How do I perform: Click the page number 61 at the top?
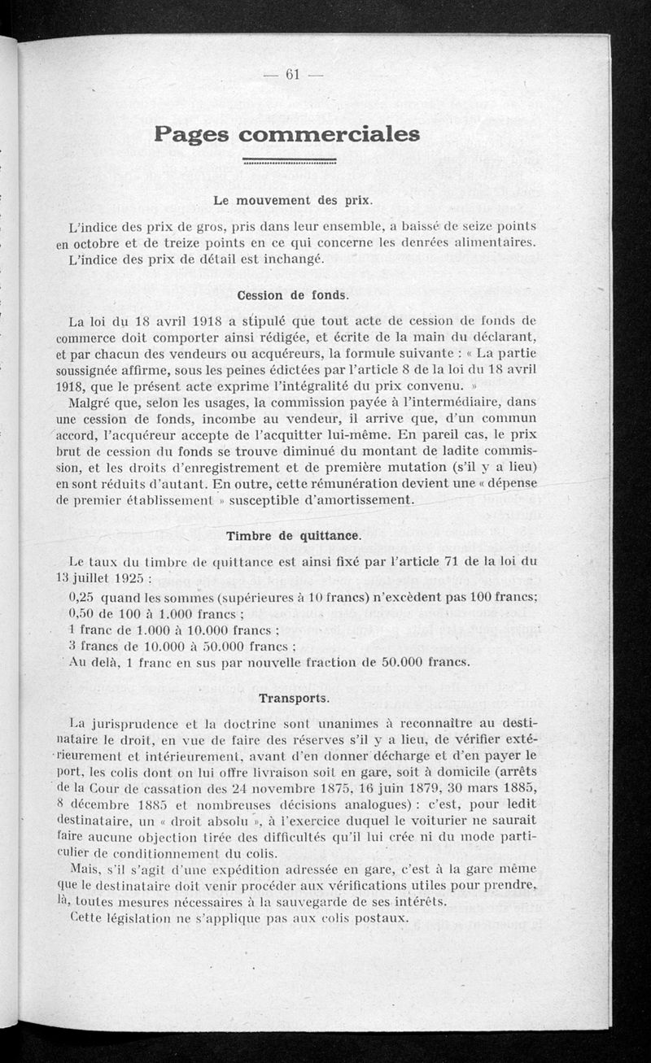click(x=293, y=74)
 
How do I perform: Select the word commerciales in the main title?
click(x=330, y=134)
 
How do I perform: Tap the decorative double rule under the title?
click(x=290, y=161)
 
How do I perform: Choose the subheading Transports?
click(x=294, y=698)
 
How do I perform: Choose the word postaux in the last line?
click(x=378, y=918)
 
